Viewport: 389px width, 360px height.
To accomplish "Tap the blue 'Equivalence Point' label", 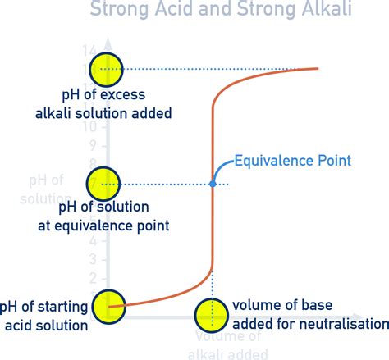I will (x=293, y=160).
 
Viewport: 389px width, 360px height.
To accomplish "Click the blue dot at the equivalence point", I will (x=213, y=185).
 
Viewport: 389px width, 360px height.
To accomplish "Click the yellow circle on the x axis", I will (x=213, y=314).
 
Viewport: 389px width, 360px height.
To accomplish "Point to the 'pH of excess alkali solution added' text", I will (x=116, y=104).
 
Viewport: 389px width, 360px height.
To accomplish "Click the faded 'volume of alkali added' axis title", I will (x=231, y=344).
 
